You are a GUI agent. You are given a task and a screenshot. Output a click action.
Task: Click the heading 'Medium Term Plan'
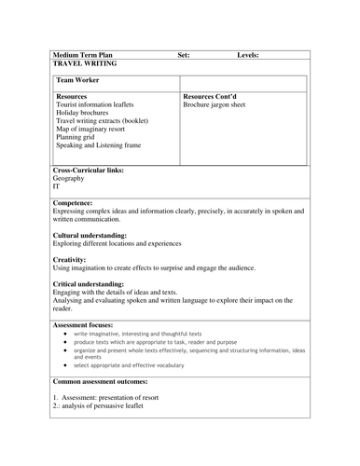(83, 55)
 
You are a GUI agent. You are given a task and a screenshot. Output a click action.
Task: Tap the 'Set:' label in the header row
(184, 55)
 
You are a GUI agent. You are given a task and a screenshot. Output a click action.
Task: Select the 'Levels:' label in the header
(248, 55)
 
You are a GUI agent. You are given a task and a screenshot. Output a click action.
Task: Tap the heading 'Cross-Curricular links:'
(89, 171)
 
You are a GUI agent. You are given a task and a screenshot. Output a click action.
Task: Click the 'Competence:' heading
(73, 202)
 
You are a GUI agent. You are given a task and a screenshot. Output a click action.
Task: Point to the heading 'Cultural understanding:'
(90, 236)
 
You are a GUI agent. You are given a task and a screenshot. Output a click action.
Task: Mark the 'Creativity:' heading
(70, 259)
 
